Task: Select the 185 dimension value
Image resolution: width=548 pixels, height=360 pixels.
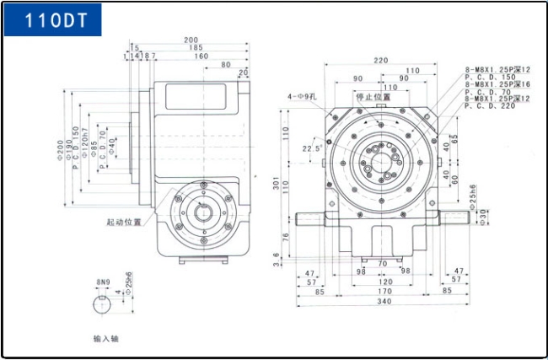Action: [195, 48]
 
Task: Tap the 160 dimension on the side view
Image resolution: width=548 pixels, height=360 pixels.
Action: [201, 56]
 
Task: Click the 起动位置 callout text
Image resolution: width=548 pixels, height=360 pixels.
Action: [124, 223]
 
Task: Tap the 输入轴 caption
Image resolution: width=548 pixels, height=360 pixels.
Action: [107, 338]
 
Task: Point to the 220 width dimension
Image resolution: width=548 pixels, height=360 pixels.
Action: [381, 60]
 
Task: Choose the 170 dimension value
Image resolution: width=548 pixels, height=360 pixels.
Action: [384, 290]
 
